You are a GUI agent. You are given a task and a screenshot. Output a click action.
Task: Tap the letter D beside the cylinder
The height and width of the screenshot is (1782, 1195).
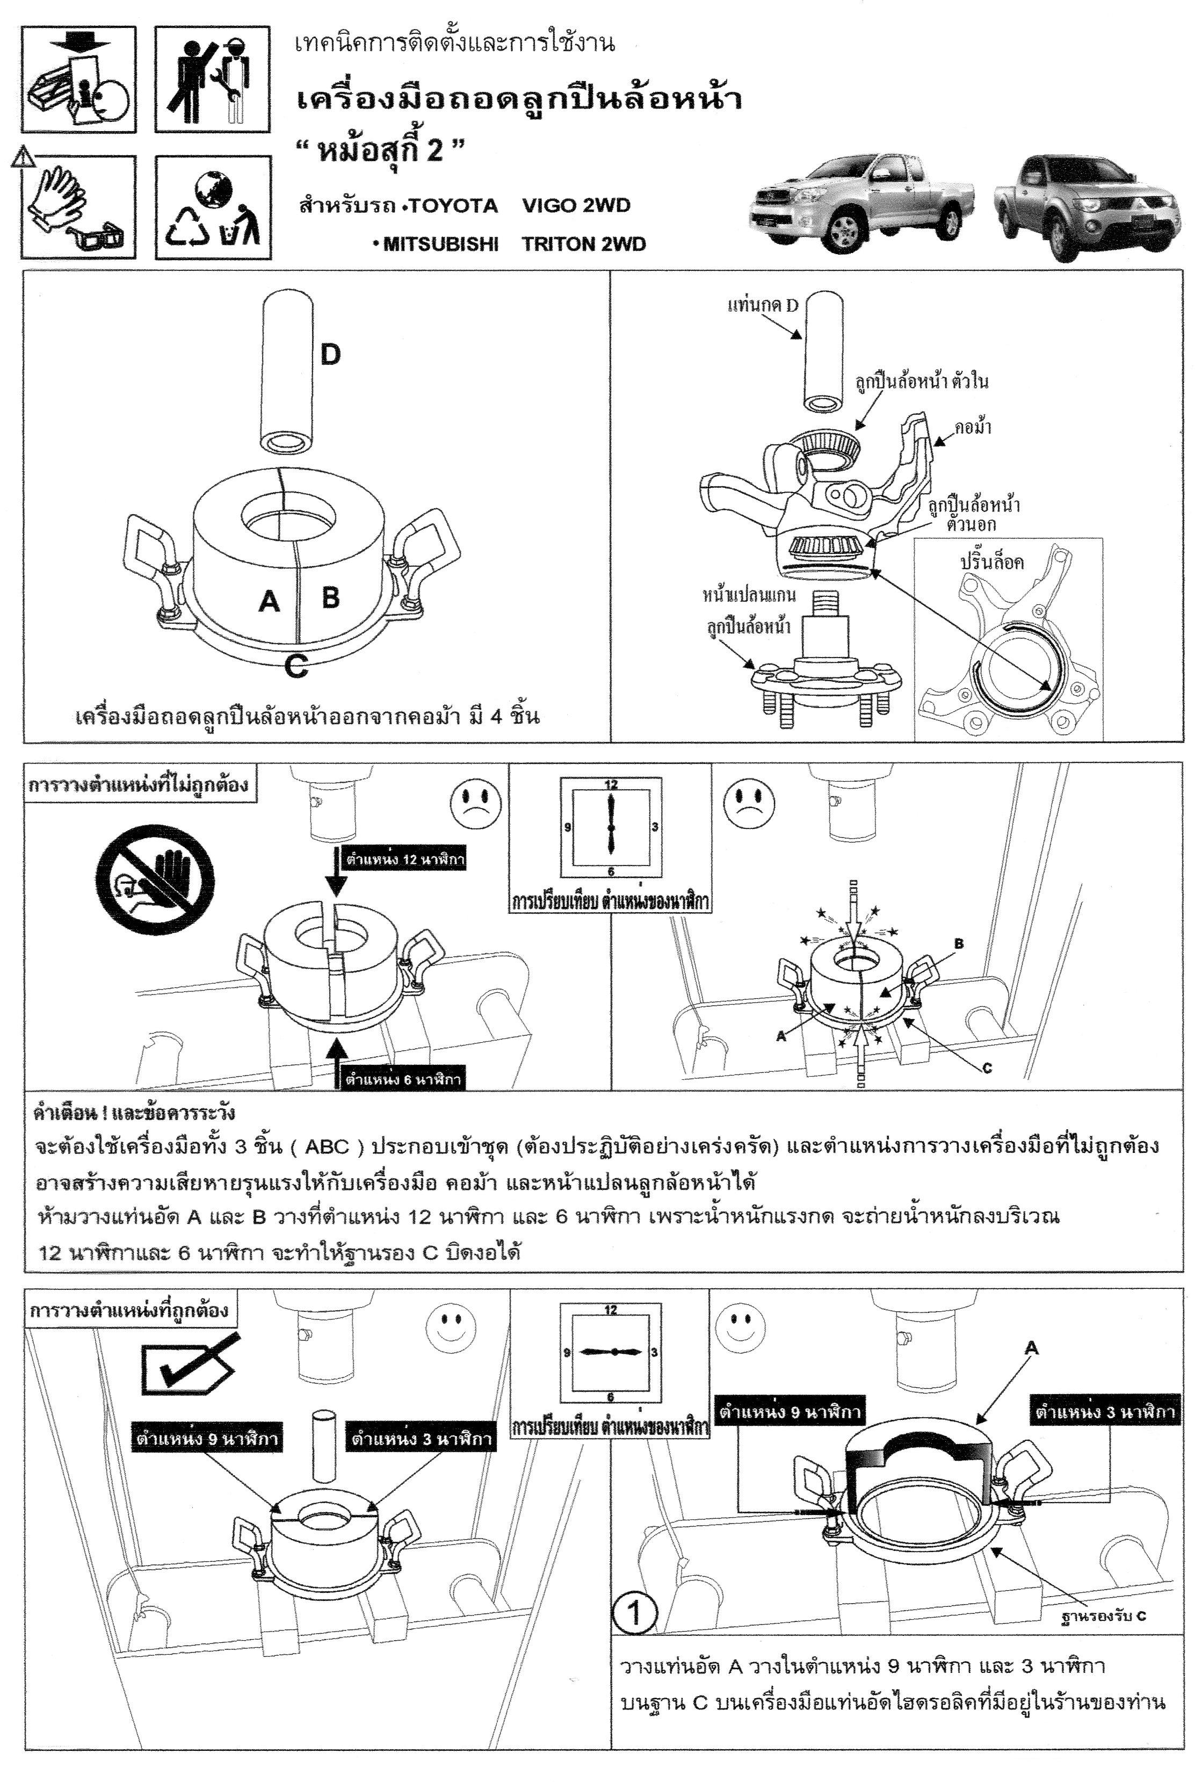click(x=330, y=355)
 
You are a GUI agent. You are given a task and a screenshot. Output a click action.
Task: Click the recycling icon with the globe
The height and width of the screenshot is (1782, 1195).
click(x=213, y=207)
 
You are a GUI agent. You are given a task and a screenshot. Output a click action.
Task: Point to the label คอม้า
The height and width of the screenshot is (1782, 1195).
click(x=973, y=428)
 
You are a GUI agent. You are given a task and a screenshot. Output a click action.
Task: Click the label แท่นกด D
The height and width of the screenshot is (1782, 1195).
click(x=762, y=306)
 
